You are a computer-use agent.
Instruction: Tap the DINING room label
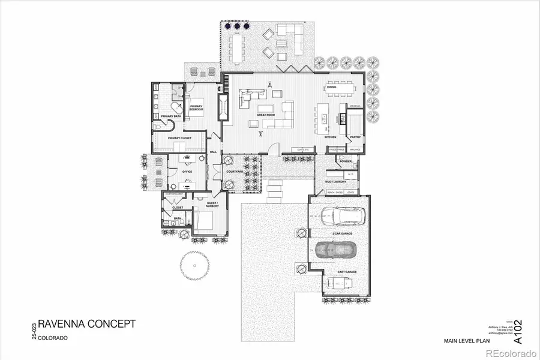tap(331, 87)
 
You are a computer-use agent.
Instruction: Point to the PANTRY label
tap(355, 137)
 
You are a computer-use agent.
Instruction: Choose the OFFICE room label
tap(187, 172)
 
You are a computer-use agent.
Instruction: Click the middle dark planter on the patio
tap(237, 26)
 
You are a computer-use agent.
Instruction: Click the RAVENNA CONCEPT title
tap(87, 325)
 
